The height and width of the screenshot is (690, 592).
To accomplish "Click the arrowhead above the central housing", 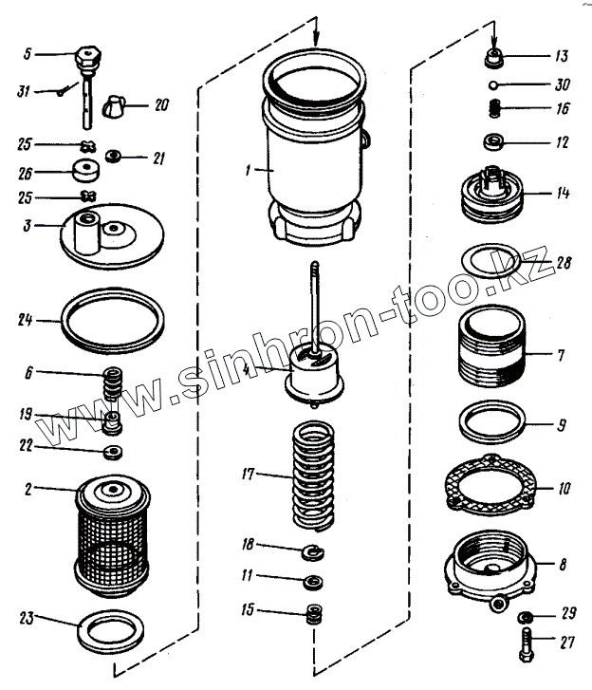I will pos(317,39).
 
